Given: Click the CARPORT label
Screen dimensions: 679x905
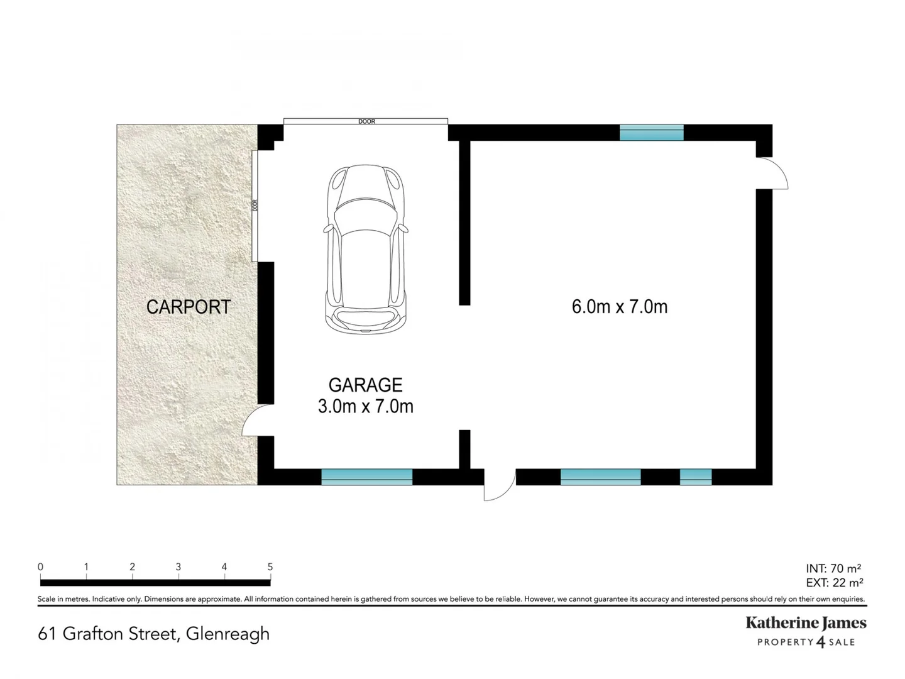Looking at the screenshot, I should tap(189, 307).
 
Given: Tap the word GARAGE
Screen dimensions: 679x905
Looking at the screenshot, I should tap(365, 385).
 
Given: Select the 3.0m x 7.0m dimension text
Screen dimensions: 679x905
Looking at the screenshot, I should tap(365, 407).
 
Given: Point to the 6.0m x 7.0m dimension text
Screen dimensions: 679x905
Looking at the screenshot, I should tap(619, 307).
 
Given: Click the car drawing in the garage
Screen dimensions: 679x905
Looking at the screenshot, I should tap(366, 249).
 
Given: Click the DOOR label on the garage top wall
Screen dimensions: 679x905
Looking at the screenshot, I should tap(366, 121).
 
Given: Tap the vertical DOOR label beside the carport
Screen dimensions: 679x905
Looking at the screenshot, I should tap(255, 206).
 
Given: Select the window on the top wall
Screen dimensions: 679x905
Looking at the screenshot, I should tap(651, 133).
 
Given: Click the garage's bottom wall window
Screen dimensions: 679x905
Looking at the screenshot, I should tap(366, 477).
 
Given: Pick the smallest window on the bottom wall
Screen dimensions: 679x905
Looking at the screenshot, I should tap(696, 477).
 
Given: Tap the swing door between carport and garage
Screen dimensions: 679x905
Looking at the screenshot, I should tap(254, 421).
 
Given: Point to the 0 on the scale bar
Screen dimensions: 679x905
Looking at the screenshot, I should tap(41, 567).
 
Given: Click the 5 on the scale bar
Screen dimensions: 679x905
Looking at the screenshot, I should tap(270, 567).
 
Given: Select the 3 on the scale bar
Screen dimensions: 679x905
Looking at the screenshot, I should tap(178, 567).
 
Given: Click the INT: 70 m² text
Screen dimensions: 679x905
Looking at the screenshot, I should tap(833, 569).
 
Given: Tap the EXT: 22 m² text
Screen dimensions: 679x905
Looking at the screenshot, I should tap(834, 583).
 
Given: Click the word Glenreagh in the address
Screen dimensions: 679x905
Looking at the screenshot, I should tap(228, 634).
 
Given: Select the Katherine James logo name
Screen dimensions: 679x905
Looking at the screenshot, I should tap(806, 623).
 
